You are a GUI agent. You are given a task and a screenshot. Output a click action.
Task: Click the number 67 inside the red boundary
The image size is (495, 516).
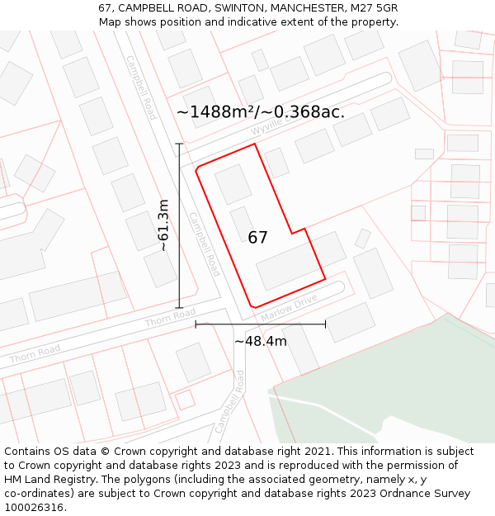coord(257,238)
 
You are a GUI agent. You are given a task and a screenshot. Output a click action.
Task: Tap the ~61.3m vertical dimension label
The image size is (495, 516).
coord(163,225)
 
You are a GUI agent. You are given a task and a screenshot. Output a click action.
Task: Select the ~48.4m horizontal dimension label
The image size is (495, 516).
coord(261,341)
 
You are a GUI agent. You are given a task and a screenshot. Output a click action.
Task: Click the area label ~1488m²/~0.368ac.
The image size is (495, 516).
coord(261,112)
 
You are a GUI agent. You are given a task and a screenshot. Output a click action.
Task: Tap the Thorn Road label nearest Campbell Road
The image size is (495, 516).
coord(170,318)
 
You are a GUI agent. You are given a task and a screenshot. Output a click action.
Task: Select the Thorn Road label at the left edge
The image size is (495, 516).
coord(35,354)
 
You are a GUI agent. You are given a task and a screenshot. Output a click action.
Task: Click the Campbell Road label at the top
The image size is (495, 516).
coord(141,88)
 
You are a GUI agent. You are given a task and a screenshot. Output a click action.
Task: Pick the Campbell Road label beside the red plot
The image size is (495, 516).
coord(204,244)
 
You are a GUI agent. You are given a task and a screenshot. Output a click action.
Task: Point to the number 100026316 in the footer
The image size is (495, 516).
coord(35,507)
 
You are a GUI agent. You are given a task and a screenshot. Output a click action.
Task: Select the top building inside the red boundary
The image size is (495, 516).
coord(233,183)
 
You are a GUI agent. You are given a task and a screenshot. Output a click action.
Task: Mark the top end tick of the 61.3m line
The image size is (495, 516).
coord(179,144)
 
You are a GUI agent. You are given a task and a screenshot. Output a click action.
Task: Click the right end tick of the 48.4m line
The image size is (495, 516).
coord(325,324)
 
